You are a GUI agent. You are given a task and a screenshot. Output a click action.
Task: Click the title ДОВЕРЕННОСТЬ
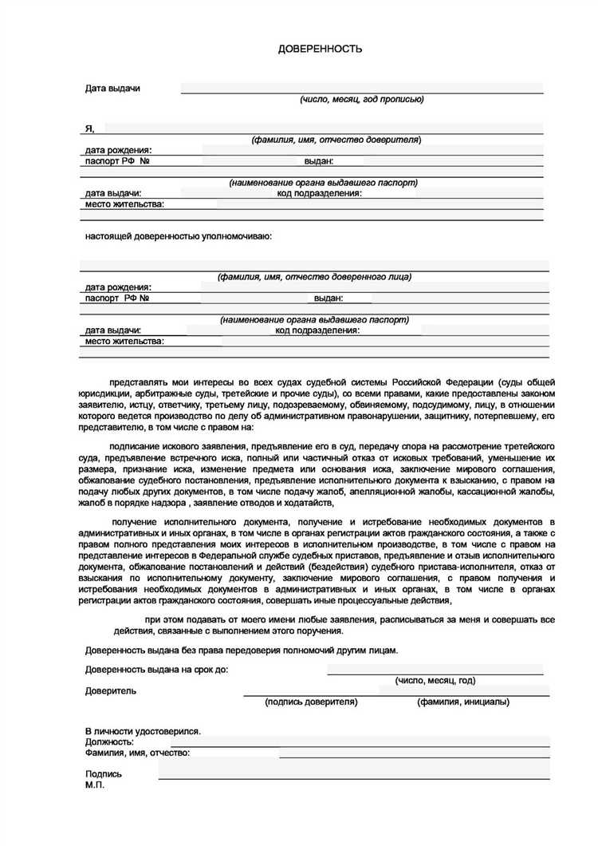coord(320,49)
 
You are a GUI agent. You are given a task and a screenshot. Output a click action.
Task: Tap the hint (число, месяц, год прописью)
coord(361,100)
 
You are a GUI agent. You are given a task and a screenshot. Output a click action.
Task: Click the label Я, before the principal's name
coord(90,128)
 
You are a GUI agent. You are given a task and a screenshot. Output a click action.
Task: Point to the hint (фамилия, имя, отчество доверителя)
coord(336,140)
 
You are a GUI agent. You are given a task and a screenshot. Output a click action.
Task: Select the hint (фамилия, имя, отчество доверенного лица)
coord(314,277)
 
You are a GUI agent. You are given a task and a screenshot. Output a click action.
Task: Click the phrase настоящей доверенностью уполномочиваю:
coord(179,236)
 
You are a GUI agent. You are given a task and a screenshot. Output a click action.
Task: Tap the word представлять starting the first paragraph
coord(136,382)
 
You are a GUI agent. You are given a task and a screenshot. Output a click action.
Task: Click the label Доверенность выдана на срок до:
coord(156,670)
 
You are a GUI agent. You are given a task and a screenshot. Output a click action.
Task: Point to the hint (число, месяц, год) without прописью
coord(435,681)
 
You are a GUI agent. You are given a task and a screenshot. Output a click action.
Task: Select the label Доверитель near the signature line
coord(111,691)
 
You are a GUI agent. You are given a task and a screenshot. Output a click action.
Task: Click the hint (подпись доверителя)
coord(311,702)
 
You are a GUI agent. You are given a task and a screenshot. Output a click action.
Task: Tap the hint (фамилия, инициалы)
coord(463,702)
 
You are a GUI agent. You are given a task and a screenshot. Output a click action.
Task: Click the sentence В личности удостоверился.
coord(143,731)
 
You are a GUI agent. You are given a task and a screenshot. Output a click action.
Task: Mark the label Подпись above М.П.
coord(104,773)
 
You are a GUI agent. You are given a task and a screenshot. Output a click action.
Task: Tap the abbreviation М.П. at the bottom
coord(95,785)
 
